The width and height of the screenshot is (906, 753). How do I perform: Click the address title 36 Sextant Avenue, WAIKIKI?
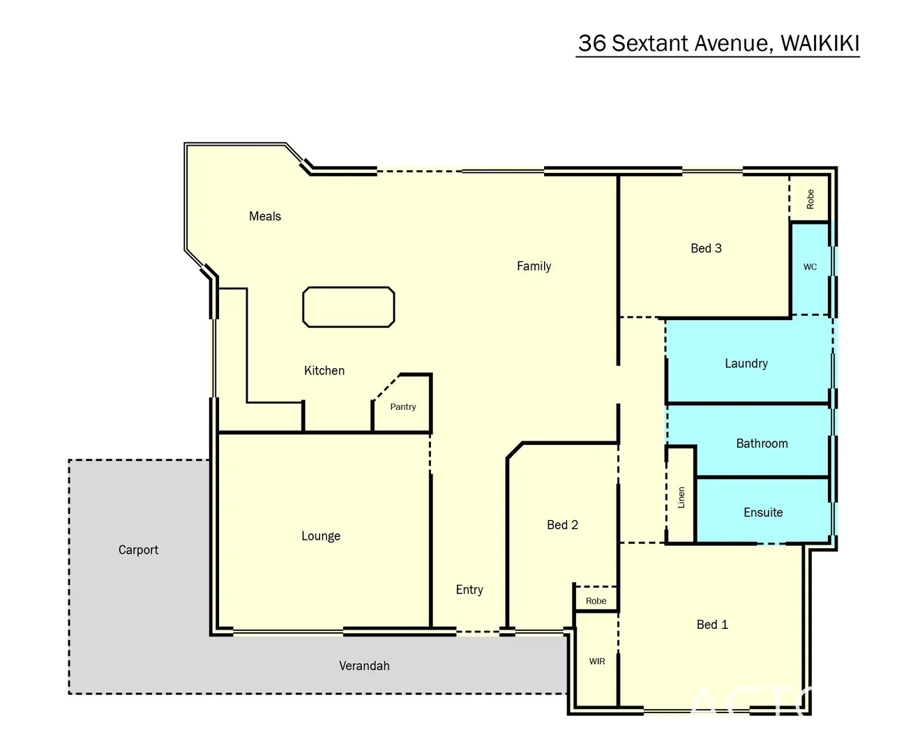(718, 43)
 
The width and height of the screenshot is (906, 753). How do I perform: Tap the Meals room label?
(265, 216)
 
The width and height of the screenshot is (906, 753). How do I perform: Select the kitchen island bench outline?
(348, 307)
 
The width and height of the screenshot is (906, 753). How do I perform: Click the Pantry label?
(403, 407)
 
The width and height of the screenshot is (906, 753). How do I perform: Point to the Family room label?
(534, 266)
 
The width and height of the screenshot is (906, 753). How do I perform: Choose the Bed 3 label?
(706, 248)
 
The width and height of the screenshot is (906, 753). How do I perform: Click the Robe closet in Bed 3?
(810, 199)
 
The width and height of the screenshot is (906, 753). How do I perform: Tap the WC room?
(810, 267)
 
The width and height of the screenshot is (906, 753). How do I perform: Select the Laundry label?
(746, 363)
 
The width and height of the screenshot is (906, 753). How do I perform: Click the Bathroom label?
(762, 443)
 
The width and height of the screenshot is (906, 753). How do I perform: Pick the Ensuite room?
(763, 512)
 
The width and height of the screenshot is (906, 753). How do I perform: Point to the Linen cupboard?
(681, 497)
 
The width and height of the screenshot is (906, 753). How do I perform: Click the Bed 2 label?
(562, 525)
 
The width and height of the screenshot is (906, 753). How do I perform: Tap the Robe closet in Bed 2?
(596, 601)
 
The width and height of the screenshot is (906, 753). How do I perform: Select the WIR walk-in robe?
(597, 661)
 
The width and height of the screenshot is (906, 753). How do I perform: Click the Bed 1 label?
(712, 625)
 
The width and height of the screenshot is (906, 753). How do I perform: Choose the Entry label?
(469, 590)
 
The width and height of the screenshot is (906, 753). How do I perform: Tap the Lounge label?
(321, 536)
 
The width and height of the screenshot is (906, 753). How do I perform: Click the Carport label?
(138, 550)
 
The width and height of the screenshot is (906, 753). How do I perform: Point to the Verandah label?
(364, 666)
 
